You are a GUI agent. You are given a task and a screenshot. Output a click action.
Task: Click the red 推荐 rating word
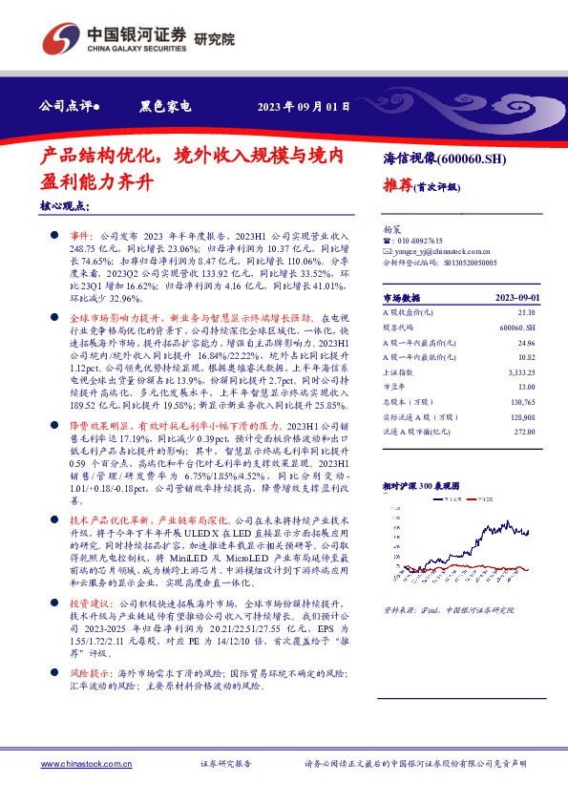tap(397, 185)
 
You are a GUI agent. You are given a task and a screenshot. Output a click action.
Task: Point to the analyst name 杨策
tap(391, 230)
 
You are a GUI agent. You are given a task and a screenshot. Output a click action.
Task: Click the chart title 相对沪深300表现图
tap(421, 485)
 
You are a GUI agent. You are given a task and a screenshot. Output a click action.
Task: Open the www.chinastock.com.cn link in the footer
tap(79, 764)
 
